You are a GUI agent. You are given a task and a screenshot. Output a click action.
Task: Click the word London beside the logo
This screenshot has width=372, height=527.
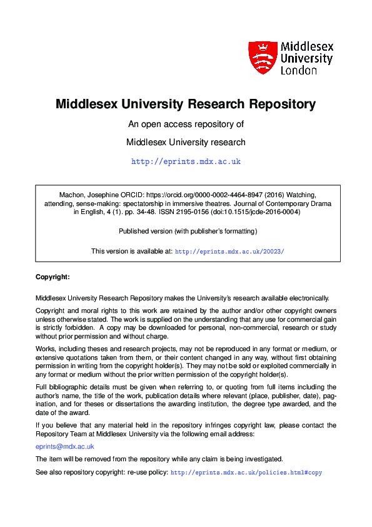[x=299, y=71]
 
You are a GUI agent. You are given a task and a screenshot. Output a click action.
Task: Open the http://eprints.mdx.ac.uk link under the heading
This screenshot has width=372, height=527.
[x=186, y=161]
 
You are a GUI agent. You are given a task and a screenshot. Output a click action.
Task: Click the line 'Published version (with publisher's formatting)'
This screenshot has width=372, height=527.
[x=188, y=231]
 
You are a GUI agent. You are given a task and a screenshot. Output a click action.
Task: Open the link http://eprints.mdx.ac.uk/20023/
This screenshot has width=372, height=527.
[x=229, y=251]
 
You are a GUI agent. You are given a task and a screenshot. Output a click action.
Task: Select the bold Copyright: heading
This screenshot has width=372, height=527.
[x=53, y=277]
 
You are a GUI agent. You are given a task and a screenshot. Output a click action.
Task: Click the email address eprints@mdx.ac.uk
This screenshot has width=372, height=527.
[x=65, y=446]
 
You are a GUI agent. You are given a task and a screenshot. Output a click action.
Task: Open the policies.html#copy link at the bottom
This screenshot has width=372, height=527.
[x=246, y=473]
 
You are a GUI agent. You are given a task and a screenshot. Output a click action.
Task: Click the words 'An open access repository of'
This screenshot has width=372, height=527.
[x=186, y=124]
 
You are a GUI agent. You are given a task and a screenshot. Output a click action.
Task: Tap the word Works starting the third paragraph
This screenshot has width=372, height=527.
[x=46, y=348]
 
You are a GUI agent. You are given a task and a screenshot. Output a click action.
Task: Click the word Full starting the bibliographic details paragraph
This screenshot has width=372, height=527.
[x=42, y=387]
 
